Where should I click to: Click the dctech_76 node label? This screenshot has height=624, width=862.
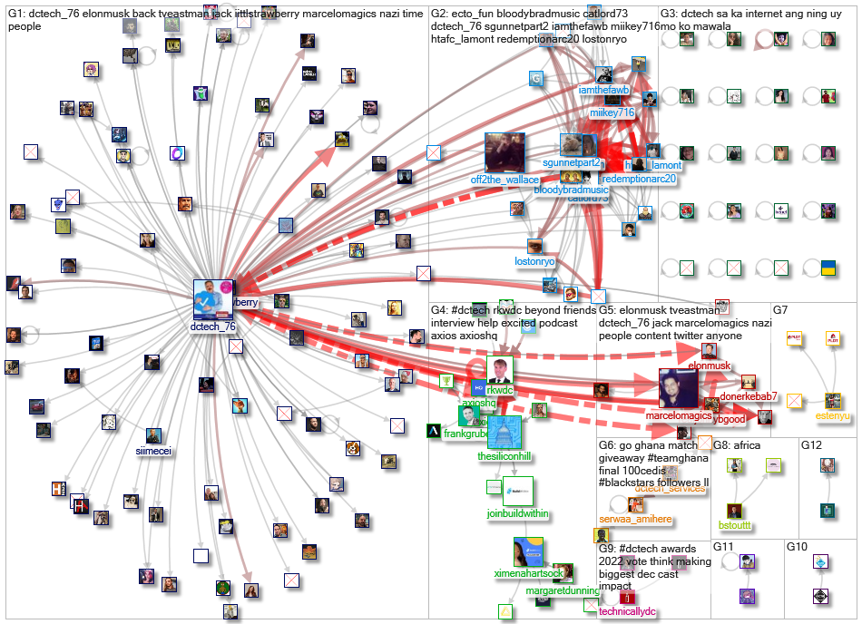[x=214, y=327]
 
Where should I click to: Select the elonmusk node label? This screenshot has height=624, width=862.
[x=709, y=366]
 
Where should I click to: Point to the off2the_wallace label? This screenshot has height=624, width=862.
[x=504, y=180]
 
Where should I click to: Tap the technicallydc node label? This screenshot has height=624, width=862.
[x=625, y=611]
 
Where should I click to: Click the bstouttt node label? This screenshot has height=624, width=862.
[x=735, y=525]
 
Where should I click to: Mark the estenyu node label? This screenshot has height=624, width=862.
[x=833, y=416]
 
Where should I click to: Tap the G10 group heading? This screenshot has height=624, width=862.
[x=796, y=548]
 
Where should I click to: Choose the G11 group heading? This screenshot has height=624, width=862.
[x=724, y=548]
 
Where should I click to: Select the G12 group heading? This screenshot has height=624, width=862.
[x=811, y=445]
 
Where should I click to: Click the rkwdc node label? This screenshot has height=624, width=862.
[x=499, y=391]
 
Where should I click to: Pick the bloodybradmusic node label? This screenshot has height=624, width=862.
[x=571, y=190]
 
